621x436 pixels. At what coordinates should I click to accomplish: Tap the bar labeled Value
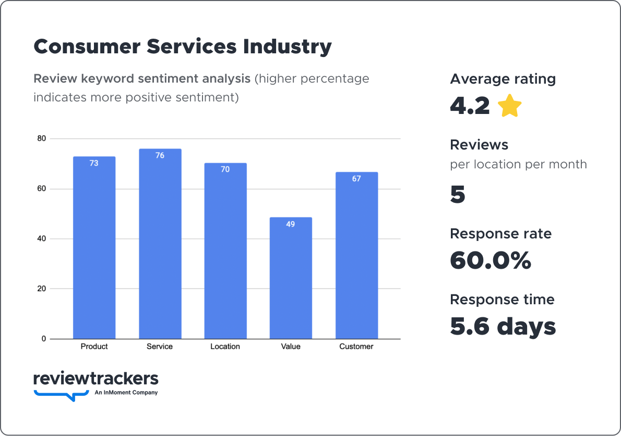click(x=291, y=278)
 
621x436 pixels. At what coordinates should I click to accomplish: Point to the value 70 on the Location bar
click(x=225, y=169)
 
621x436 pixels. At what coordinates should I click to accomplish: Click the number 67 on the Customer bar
click(x=356, y=179)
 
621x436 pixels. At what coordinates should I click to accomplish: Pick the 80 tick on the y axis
click(x=41, y=139)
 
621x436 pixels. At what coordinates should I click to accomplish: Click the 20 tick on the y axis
click(x=41, y=289)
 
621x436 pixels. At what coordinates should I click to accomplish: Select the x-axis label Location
click(x=225, y=347)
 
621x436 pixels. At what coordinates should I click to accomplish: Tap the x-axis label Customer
click(x=356, y=347)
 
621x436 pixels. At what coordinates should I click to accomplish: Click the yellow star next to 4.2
click(x=509, y=107)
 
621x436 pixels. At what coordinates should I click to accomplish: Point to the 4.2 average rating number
click(x=470, y=106)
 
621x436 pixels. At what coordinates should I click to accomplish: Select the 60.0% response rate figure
click(x=490, y=261)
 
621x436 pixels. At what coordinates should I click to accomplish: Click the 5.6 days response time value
click(x=503, y=327)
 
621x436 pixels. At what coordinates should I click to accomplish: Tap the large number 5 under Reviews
click(x=458, y=195)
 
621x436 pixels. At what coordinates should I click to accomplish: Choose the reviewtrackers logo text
click(x=95, y=378)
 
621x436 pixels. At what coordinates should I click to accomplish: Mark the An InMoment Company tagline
click(x=126, y=393)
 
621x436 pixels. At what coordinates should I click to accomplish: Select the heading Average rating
click(x=503, y=79)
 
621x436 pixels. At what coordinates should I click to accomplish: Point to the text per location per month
click(x=518, y=165)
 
